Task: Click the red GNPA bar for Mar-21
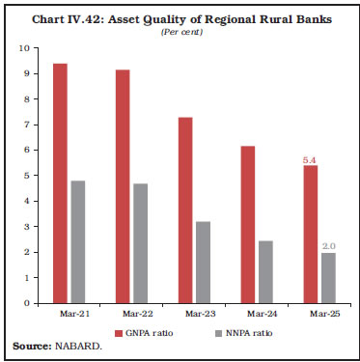point(59,183)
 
